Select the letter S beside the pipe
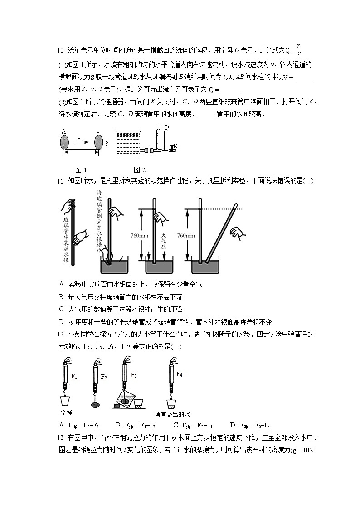(x=106, y=144)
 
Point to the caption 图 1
(x=81, y=170)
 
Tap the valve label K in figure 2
(x=175, y=146)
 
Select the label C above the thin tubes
(x=158, y=128)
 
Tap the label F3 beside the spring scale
(x=134, y=375)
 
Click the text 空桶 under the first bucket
(x=67, y=412)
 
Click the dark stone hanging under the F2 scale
(x=95, y=405)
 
